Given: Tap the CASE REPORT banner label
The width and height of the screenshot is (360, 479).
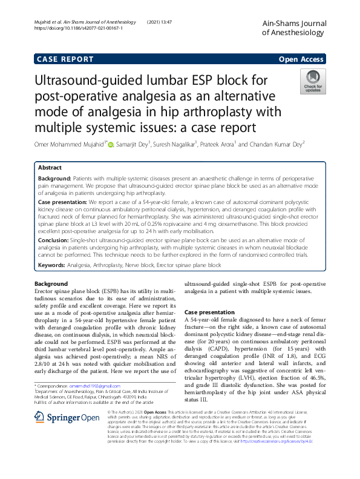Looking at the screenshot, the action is (65, 59).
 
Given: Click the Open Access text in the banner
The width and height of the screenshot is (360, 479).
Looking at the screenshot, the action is (301, 59).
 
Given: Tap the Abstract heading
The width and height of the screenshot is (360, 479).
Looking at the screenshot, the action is (50, 168).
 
